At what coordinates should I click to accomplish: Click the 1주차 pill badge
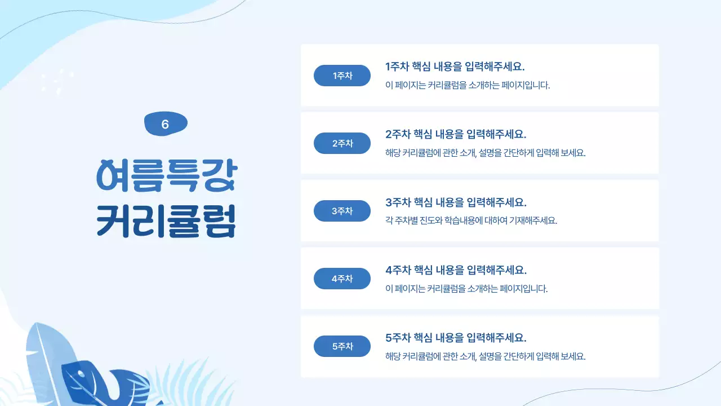(342, 76)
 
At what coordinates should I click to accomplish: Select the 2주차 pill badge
(342, 143)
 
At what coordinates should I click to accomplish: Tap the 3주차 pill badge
(342, 211)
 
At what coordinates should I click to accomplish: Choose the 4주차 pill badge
(342, 279)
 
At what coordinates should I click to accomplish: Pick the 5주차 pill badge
(342, 346)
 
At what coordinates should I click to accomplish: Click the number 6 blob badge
(166, 124)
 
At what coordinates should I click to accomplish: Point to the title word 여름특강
(166, 175)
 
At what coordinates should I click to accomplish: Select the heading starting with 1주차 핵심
(455, 67)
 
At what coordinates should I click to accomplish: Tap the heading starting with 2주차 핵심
(456, 134)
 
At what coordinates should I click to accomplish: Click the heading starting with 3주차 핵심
(456, 202)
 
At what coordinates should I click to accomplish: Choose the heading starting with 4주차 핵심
(456, 270)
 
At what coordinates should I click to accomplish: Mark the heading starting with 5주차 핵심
(456, 338)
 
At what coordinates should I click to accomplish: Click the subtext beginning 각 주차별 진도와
(471, 220)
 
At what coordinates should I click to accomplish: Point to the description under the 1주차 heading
(468, 85)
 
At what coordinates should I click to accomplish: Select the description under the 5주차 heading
(486, 356)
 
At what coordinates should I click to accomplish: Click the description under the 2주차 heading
(486, 153)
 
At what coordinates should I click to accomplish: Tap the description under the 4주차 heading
(466, 289)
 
